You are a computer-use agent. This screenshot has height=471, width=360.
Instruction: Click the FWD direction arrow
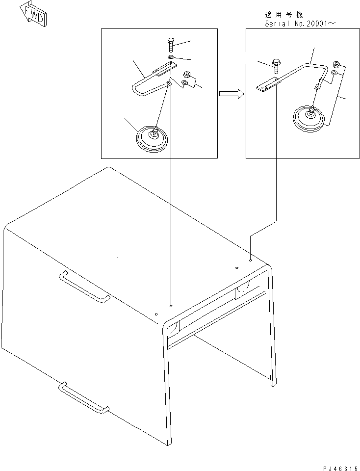[x=33, y=16]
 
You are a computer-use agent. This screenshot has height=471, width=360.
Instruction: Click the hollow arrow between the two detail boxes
[x=231, y=94]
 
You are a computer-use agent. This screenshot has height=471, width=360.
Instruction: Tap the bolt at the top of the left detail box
[x=170, y=45]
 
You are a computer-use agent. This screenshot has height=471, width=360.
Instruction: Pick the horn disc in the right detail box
[x=309, y=118]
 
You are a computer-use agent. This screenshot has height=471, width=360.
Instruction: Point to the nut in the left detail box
[x=187, y=74]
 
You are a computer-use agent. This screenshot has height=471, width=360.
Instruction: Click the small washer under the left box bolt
[x=171, y=57]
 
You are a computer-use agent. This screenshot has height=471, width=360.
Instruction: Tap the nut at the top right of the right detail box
[x=336, y=64]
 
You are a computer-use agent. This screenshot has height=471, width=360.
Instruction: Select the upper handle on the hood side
[x=85, y=286]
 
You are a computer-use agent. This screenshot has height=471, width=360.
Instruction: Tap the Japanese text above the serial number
[x=284, y=14]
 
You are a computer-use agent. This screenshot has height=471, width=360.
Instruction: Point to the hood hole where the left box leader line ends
[x=171, y=306]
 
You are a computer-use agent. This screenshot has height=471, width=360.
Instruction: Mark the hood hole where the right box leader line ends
[x=251, y=261]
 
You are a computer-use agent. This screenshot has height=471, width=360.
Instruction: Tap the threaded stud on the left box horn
[x=155, y=131]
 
